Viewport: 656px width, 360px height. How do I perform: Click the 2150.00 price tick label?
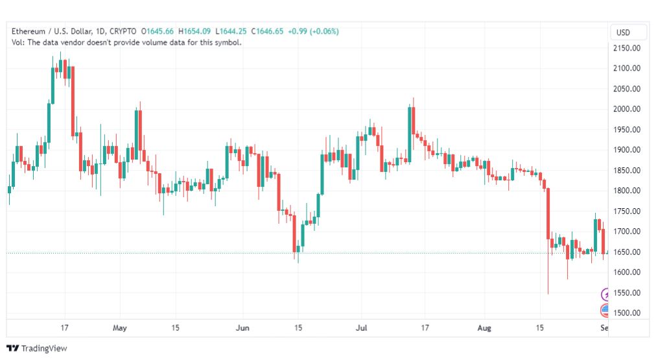[626, 48]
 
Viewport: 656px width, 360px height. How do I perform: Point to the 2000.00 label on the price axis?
[626, 109]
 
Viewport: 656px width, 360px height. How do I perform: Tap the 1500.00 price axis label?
[626, 313]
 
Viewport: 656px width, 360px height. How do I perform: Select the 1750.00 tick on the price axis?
[626, 211]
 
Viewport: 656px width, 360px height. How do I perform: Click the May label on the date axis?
[120, 328]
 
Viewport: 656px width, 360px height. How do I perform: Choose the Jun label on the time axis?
[242, 328]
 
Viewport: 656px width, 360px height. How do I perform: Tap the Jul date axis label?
[362, 328]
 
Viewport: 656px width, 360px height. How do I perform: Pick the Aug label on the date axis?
[484, 328]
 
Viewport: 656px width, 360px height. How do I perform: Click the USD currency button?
[623, 32]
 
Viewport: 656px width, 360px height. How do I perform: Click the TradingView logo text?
[44, 348]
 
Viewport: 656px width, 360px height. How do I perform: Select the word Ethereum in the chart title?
[29, 31]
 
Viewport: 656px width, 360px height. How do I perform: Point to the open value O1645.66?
[158, 31]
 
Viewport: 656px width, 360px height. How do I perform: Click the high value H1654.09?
[194, 31]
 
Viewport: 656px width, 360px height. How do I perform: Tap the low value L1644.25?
[231, 31]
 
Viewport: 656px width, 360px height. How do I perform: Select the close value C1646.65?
[267, 31]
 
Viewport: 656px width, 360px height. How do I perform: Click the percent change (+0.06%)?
[324, 31]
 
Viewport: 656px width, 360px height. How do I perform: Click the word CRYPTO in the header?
[123, 31]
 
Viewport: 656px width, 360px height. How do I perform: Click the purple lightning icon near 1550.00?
[605, 294]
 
